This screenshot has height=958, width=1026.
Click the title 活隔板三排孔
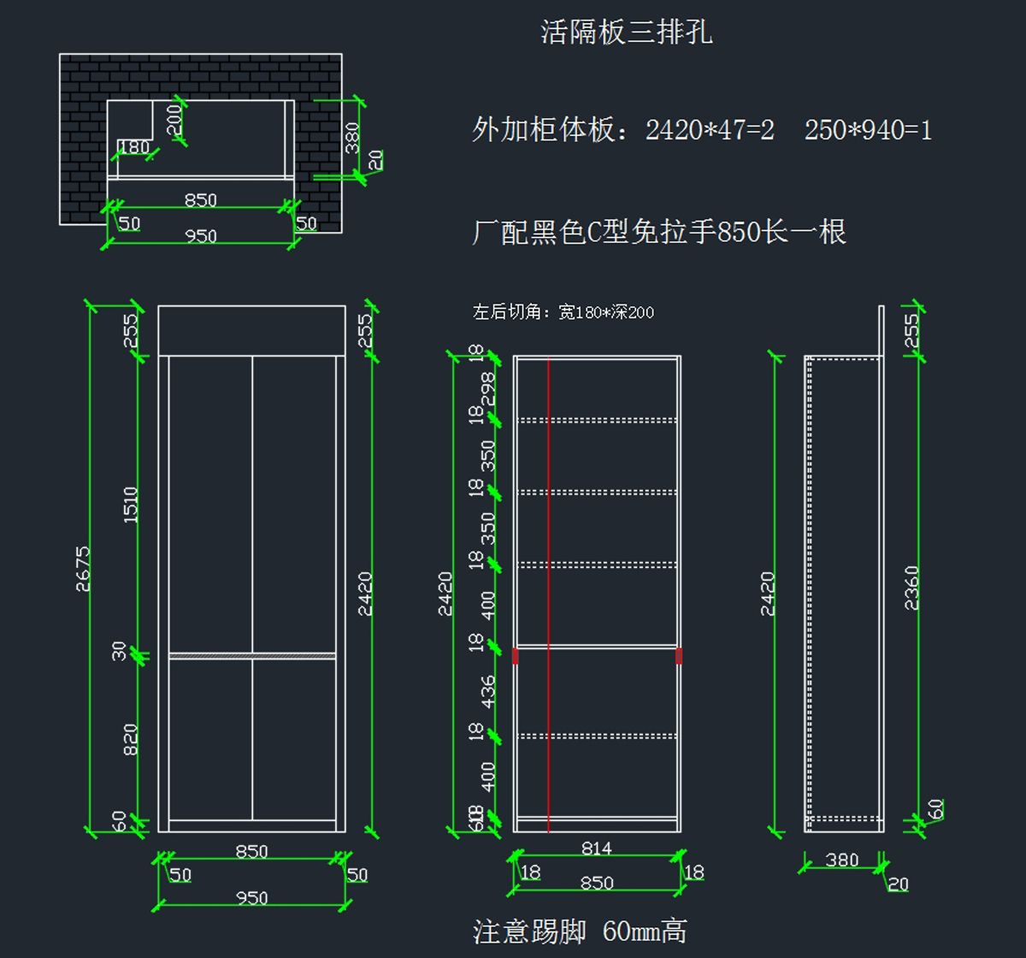[627, 33]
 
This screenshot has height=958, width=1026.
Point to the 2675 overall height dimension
[83, 569]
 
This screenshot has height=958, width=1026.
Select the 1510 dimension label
[130, 505]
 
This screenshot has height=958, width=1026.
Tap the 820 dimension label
[130, 739]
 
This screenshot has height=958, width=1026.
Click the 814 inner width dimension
[597, 849]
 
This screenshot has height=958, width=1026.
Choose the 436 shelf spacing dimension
[488, 691]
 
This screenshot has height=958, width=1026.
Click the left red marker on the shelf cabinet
[516, 656]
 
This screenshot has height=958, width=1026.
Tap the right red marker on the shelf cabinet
[679, 656]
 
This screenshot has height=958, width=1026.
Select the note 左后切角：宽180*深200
[563, 312]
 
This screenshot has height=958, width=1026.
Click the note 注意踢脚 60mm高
[580, 931]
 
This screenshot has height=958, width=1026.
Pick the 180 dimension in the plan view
[133, 147]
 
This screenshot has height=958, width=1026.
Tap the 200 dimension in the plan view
[174, 119]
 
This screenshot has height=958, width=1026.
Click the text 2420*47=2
[710, 130]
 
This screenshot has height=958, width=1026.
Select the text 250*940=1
[868, 130]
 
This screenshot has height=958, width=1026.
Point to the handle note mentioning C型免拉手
[659, 232]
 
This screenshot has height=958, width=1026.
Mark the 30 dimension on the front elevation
[120, 651]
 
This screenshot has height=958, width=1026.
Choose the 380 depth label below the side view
[841, 860]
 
